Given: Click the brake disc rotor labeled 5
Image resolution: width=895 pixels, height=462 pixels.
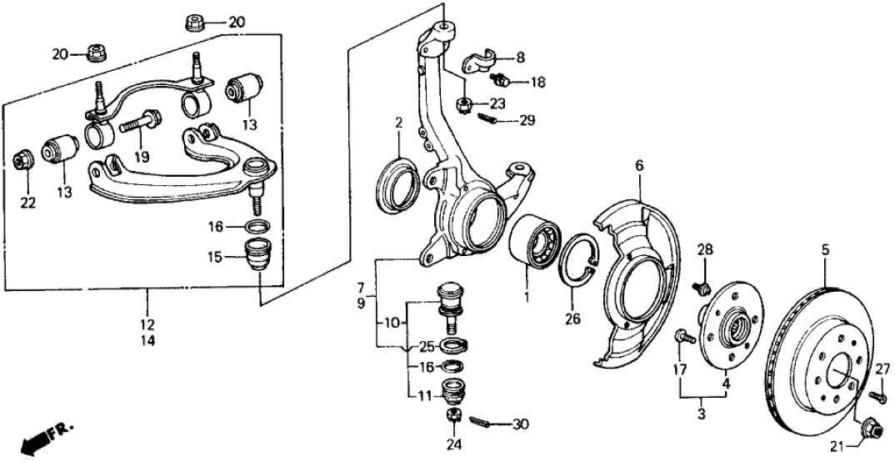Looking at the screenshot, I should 821,350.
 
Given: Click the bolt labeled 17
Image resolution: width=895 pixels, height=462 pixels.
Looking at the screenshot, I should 680,338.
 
